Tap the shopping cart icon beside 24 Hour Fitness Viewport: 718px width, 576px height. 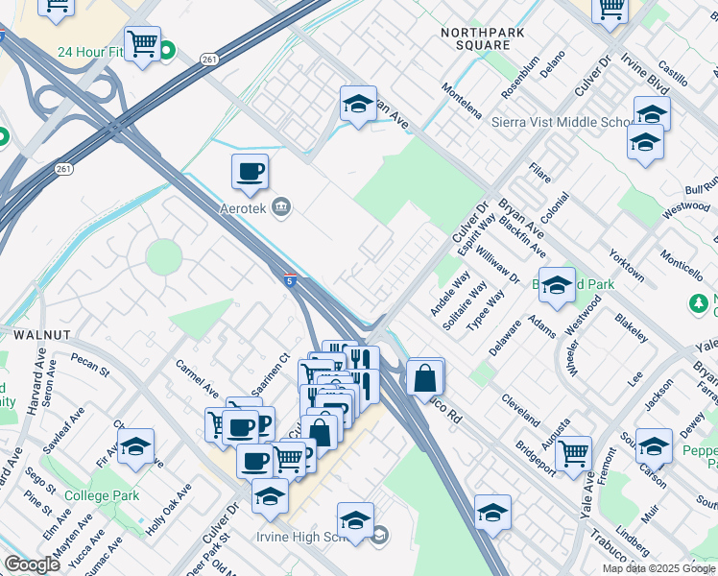[x=142, y=43]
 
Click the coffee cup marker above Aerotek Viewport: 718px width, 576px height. [x=250, y=172]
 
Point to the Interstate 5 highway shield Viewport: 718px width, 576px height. [x=290, y=280]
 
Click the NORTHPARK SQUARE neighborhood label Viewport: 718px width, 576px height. [x=475, y=38]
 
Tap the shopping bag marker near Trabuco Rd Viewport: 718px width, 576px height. [x=424, y=376]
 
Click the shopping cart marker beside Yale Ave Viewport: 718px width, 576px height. [x=573, y=452]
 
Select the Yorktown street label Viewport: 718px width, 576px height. [x=626, y=261]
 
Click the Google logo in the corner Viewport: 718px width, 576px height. [x=33, y=564]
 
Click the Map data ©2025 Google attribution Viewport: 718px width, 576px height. [x=658, y=568]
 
